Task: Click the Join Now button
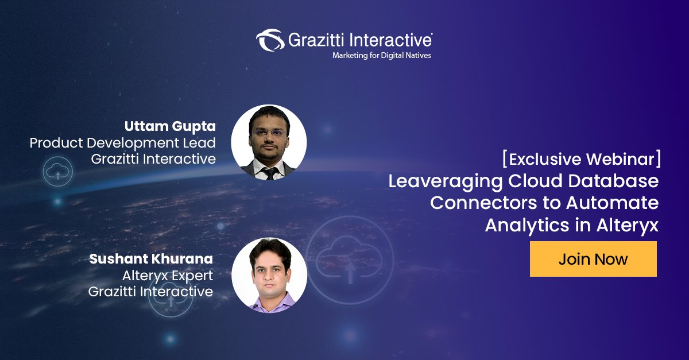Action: [593, 259]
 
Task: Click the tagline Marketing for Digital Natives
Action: [381, 56]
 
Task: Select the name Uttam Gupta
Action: [170, 126]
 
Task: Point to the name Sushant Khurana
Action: [151, 259]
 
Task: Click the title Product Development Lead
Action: [123, 142]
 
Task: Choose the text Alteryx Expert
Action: [167, 275]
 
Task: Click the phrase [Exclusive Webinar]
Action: [581, 159]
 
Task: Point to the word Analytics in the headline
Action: [526, 225]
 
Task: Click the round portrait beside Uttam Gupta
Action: [269, 142]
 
